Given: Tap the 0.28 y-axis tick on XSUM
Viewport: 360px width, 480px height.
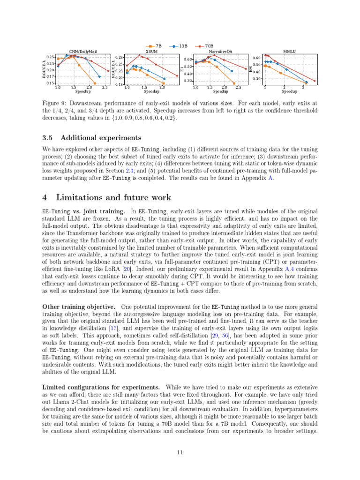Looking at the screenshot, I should tap(119, 57).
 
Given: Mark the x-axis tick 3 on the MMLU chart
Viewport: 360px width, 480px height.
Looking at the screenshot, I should tap(303, 88).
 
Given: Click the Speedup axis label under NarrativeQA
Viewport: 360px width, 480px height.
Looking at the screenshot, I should tap(220, 91).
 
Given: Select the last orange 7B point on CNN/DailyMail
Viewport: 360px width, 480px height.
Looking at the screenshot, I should tap(95, 83).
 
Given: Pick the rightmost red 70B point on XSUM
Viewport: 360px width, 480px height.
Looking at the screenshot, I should tap(177, 75).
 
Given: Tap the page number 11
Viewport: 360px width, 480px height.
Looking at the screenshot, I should tap(180, 452).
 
